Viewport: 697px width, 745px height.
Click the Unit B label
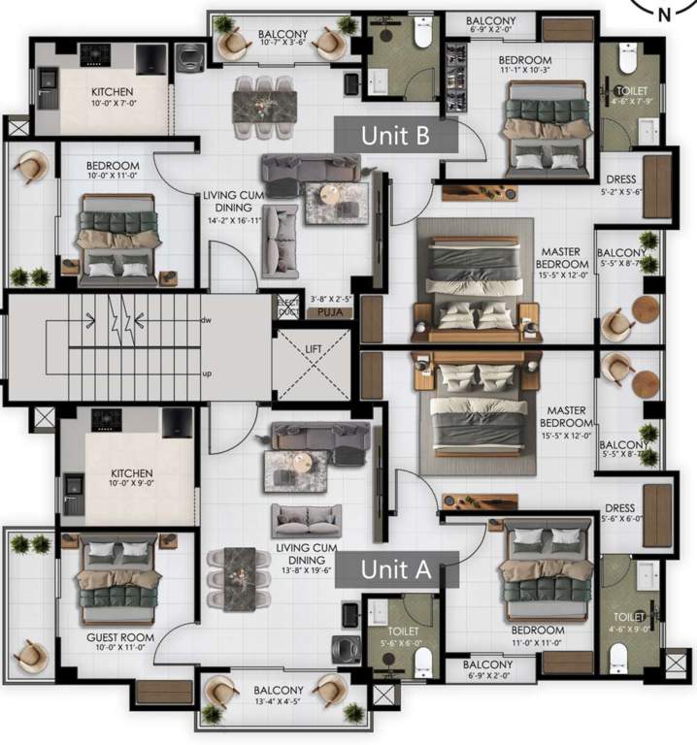(395, 135)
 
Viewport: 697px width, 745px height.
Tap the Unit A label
(395, 569)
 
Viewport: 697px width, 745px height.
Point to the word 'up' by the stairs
(206, 372)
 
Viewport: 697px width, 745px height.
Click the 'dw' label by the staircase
(206, 319)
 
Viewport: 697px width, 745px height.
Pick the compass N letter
(664, 15)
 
